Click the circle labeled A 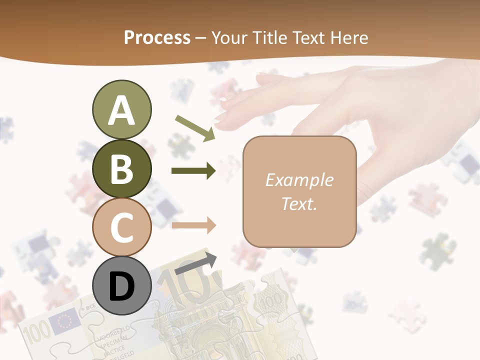point(121,110)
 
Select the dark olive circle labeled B point(121,169)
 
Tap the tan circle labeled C point(121,227)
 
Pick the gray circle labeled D point(121,286)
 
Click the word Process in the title point(157,37)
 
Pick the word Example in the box point(299,180)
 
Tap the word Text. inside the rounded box point(299,203)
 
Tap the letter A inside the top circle point(121,110)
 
